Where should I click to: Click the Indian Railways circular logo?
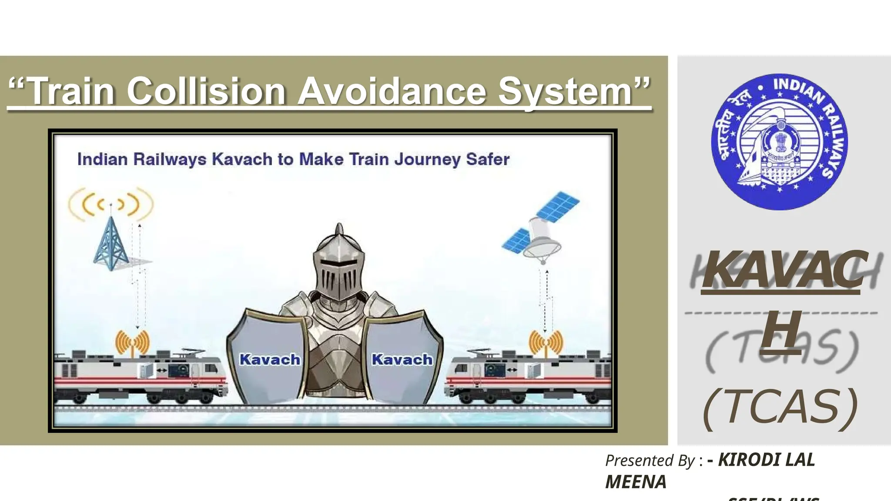[779, 142]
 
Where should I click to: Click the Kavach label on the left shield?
[270, 360]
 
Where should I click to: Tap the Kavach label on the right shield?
[402, 360]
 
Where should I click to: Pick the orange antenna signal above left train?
[132, 342]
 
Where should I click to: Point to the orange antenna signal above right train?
[546, 342]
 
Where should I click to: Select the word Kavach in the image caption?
[242, 159]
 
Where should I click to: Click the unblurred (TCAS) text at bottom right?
[780, 407]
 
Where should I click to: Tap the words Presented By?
[650, 460]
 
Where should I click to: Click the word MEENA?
[636, 482]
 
